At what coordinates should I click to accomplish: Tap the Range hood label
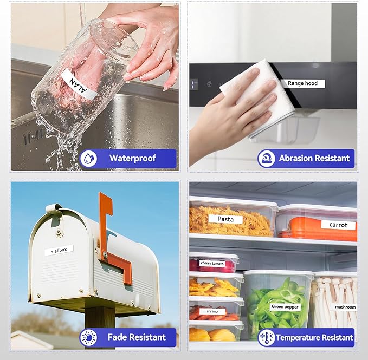click(x=303, y=83)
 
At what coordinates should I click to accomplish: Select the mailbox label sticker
click(x=59, y=250)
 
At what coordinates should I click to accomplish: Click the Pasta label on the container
click(x=225, y=219)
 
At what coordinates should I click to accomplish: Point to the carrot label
click(x=338, y=225)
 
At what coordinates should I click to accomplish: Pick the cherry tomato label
click(x=212, y=264)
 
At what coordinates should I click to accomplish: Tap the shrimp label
click(x=212, y=311)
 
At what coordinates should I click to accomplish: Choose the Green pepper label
click(x=285, y=307)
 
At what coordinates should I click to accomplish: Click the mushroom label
click(x=345, y=307)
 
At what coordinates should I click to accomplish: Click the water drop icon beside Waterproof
click(x=89, y=159)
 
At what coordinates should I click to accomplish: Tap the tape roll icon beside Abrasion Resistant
click(x=266, y=159)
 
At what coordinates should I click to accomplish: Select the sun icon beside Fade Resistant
click(x=88, y=337)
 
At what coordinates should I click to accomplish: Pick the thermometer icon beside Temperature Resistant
click(x=266, y=337)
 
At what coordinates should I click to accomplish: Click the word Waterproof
click(x=133, y=158)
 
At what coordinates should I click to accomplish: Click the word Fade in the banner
click(x=118, y=337)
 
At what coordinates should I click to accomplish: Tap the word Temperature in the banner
click(x=298, y=338)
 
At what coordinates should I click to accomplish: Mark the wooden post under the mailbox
click(x=100, y=323)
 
